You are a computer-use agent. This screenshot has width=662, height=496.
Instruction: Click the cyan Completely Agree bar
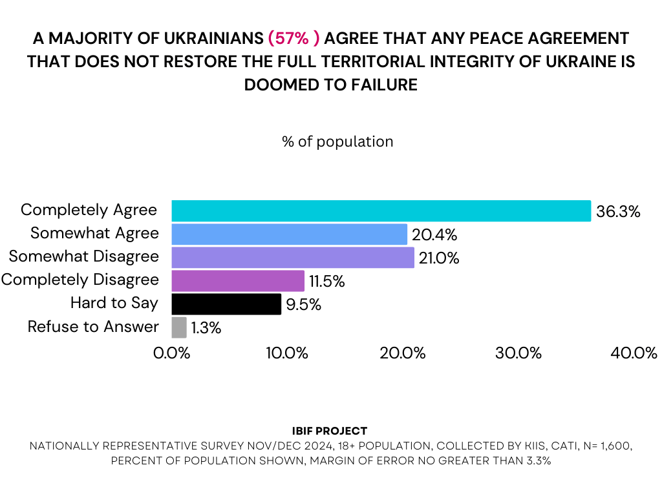[x=381, y=211]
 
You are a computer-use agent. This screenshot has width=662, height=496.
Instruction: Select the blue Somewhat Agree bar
[x=289, y=234]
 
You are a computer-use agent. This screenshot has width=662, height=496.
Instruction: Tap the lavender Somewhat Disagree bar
[x=292, y=258]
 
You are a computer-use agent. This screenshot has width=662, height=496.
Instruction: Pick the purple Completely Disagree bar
[x=238, y=281]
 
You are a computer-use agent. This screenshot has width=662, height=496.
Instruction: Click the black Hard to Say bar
[x=226, y=304]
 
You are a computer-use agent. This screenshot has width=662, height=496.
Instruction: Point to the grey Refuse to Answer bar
[x=179, y=327]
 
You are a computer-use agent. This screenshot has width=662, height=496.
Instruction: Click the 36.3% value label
[x=618, y=212]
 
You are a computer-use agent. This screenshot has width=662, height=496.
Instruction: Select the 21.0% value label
[x=440, y=258]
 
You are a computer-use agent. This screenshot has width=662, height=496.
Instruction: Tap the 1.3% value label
[x=206, y=328]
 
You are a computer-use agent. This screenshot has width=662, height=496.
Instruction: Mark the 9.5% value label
[x=303, y=305]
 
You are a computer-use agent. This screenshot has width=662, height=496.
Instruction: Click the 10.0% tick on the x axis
[x=286, y=353]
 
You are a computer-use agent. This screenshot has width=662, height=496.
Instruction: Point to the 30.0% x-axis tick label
[x=518, y=353]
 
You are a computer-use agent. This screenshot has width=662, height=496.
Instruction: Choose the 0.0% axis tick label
[x=171, y=353]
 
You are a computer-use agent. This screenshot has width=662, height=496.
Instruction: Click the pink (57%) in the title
[x=294, y=37]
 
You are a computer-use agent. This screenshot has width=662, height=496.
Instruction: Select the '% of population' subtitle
[x=337, y=141]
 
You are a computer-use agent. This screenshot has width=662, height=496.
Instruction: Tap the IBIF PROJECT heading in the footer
[x=330, y=431]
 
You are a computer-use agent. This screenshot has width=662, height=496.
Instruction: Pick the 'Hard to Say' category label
[x=114, y=304]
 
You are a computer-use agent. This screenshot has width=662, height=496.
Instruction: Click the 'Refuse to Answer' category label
[x=93, y=327]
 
